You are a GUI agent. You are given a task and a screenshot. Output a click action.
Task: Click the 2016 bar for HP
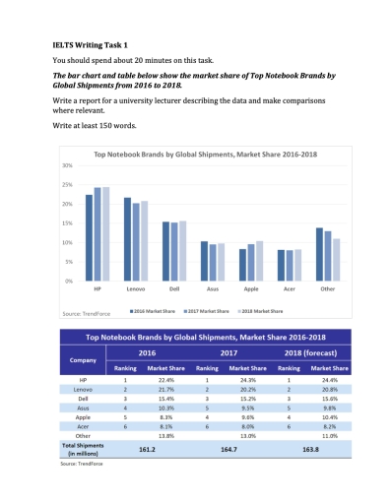(x=89, y=236)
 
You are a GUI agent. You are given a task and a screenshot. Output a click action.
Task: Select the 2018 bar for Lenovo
(x=145, y=240)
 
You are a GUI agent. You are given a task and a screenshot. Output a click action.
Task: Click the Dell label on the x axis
(x=173, y=289)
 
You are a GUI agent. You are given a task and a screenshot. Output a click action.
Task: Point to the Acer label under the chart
(x=285, y=289)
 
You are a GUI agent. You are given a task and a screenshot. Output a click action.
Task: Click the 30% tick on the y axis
(x=68, y=165)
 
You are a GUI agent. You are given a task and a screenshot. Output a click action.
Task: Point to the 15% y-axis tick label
(x=68, y=223)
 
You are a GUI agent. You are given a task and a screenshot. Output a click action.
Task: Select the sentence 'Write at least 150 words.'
(x=95, y=125)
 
